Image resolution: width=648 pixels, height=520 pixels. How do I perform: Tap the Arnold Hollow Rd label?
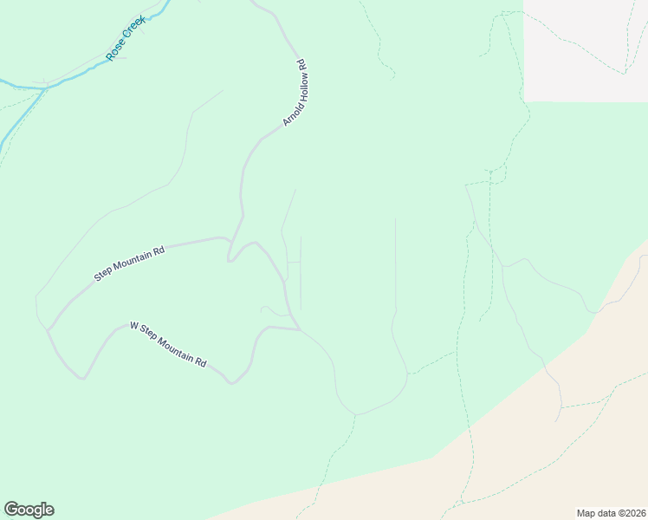pos(295,93)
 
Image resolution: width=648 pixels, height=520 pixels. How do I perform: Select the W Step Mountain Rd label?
pos(168,344)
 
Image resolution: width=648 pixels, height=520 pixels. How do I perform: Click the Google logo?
pos(29,510)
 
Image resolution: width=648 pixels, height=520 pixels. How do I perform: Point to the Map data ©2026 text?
pos(611,512)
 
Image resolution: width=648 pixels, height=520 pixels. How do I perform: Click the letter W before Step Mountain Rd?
pos(134,327)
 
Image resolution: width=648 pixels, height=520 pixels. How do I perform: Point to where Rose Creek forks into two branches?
pos(43,88)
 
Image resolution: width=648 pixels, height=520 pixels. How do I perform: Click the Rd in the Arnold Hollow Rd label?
pos(301,64)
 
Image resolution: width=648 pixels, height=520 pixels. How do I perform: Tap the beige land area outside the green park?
pos(554,459)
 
